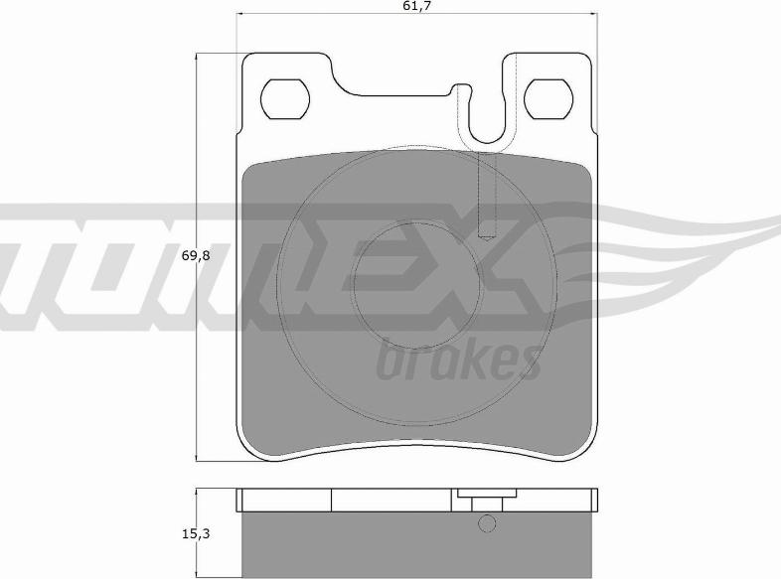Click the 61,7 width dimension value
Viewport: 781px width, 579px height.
[415, 6]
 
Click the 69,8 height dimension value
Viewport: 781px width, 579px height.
[197, 256]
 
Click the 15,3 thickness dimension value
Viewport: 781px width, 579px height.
[197, 533]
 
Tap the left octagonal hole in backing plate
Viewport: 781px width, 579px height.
[285, 99]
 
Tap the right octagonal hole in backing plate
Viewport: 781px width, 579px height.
[548, 99]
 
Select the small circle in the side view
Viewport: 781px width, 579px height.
[487, 522]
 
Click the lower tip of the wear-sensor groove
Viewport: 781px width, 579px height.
[488, 238]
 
